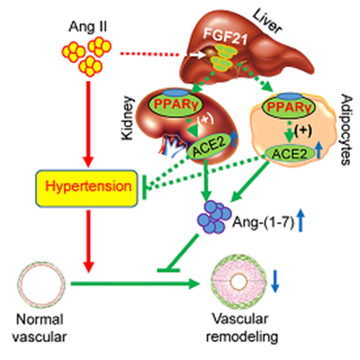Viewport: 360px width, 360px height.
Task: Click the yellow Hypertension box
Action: (x=87, y=188)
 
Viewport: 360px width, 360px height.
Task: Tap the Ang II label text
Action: (x=87, y=27)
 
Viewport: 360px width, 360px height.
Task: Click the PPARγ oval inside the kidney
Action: (x=175, y=104)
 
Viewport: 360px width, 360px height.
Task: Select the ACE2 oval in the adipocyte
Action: (x=290, y=154)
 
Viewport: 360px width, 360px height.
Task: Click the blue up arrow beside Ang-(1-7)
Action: (x=301, y=220)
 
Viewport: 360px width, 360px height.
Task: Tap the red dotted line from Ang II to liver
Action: (x=149, y=55)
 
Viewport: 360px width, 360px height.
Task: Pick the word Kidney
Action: (x=128, y=118)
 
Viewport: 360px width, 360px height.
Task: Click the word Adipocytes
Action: (x=346, y=130)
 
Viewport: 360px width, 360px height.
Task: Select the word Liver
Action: (x=267, y=21)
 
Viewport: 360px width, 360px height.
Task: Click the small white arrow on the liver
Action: (x=196, y=55)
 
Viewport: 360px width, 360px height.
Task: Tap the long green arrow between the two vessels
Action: (x=135, y=283)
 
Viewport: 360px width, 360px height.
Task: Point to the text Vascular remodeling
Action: (x=242, y=328)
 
